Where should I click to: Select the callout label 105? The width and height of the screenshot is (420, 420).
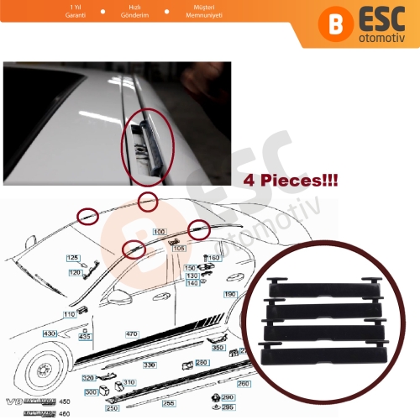pyautogui.click(x=178, y=248)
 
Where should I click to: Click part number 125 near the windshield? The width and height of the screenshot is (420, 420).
pyautogui.click(x=73, y=257)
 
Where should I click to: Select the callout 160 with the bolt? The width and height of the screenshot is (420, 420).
pyautogui.click(x=213, y=258)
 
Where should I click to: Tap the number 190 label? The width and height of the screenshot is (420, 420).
pyautogui.click(x=229, y=294)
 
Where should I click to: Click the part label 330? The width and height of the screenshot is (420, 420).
pyautogui.click(x=150, y=365)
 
